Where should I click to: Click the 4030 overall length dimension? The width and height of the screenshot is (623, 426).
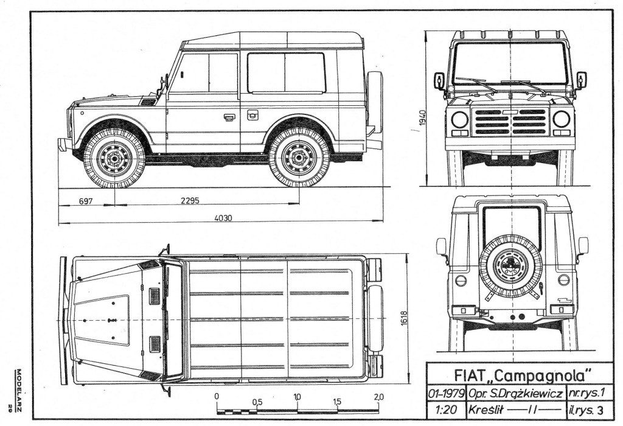(223, 217)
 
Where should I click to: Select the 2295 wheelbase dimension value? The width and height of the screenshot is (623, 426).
(190, 201)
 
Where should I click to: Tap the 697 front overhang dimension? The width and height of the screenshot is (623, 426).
(85, 201)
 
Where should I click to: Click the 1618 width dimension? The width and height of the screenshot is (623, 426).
(405, 318)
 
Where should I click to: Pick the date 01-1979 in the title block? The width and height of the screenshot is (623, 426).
(447, 394)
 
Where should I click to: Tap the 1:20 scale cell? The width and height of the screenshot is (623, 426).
(446, 410)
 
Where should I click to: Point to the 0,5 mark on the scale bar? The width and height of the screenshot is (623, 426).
(257, 402)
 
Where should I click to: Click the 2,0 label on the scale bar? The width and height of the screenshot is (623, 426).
(378, 397)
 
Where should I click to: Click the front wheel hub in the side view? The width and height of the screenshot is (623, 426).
(115, 158)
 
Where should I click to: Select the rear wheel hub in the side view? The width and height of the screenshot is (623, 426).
(298, 158)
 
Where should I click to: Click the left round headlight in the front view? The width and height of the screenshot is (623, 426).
(460, 119)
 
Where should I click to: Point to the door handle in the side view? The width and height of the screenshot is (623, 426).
(229, 117)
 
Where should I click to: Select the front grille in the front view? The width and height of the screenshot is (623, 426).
(510, 122)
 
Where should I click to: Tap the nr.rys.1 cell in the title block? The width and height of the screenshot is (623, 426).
(586, 394)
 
